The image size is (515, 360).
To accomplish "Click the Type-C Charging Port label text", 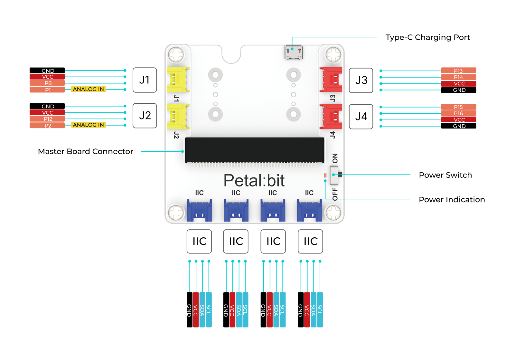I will (427, 37).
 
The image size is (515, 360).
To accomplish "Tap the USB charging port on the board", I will (293, 52).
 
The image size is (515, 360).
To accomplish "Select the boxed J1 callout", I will (145, 80).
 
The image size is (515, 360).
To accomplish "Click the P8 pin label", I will (47, 83).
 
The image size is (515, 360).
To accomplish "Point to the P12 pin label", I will (47, 119).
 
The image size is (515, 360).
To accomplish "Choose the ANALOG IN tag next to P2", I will (88, 125).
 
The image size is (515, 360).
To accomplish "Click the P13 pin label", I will (458, 71).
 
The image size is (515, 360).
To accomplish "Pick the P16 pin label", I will (458, 113).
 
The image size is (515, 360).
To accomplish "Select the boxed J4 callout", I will (361, 116).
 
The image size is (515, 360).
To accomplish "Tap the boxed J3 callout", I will (361, 80).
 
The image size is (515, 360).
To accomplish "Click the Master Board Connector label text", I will (85, 151).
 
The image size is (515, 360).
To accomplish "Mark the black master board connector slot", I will (254, 150).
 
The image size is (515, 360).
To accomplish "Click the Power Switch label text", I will (445, 175).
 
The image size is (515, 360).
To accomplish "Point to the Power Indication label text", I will (452, 200).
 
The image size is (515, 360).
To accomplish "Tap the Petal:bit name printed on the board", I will (254, 180).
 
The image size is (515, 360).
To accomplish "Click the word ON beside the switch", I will (335, 158).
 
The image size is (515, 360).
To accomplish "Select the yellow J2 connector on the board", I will (177, 116).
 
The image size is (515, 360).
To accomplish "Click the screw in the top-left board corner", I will (176, 54).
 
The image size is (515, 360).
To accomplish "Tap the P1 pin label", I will (47, 90).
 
